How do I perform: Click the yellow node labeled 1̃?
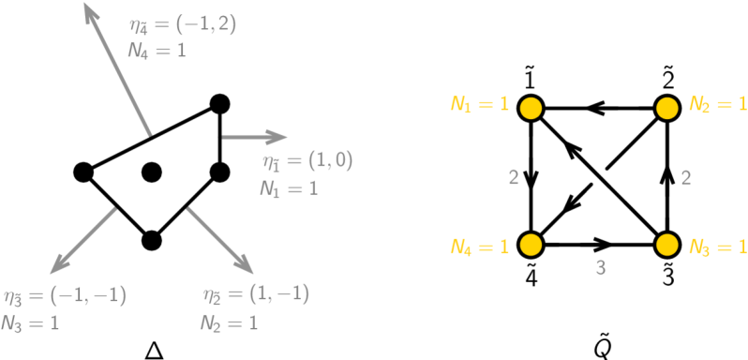tap(531, 108)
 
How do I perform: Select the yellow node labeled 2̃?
tap(666, 108)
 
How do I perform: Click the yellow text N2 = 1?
tap(717, 104)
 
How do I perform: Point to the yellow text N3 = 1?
tap(717, 247)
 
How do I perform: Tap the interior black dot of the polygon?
tap(152, 172)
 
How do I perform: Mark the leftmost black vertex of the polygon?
tap(82, 172)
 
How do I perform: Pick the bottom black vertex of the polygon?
tap(152, 240)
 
